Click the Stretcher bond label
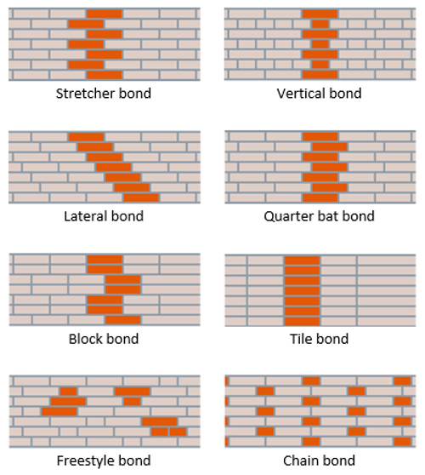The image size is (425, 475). point(101,93)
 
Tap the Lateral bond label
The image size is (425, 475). point(104,215)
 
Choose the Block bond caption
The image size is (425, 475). point(104,339)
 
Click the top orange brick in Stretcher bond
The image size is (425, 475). point(104,14)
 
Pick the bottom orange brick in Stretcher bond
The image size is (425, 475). point(104,75)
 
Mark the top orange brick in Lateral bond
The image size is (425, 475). point(86,137)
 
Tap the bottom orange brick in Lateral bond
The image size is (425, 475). point(140,197)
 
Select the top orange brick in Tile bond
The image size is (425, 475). point(302,260)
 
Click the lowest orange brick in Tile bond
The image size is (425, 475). point(302,320)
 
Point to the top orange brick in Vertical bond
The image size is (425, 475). point(320,14)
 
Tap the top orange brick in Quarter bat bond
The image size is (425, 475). point(320,137)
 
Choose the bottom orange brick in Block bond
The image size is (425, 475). point(122,320)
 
